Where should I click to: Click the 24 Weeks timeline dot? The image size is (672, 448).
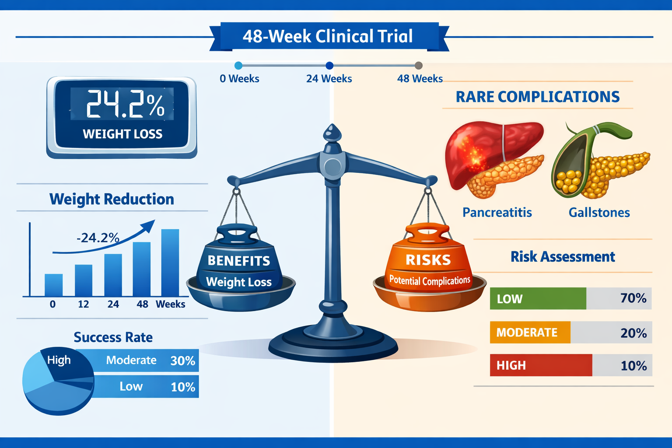point(329,66)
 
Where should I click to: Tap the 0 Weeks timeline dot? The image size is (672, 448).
point(238,66)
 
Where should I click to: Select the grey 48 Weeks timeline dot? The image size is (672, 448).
point(419,66)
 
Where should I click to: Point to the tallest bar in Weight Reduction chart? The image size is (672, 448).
point(170,262)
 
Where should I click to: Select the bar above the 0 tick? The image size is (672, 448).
point(54,285)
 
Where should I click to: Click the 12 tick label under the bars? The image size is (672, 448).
point(83,304)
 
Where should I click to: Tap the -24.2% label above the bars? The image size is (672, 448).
point(98,238)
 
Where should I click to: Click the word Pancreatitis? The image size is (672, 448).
point(497,213)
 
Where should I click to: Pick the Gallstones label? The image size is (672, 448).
point(599,213)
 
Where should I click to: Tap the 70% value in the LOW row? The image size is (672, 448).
point(633,298)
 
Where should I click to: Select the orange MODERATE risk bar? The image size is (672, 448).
point(530,332)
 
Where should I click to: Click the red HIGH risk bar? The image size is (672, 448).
point(541,365)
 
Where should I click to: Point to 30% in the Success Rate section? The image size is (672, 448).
point(183,360)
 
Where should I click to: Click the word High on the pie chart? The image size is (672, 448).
point(59,360)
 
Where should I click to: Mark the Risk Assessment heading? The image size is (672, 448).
point(563,256)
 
